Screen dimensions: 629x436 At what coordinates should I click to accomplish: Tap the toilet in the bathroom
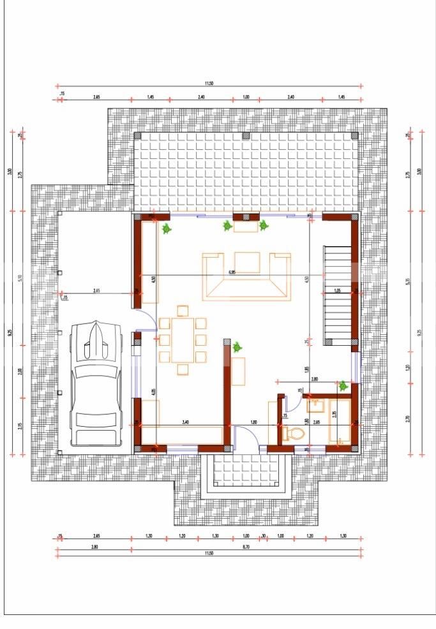[x=294, y=433]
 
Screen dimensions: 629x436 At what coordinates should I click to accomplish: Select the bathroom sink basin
[x=317, y=404]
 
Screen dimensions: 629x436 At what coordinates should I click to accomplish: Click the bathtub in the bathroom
[x=340, y=421]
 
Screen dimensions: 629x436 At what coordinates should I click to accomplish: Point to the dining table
[x=183, y=339]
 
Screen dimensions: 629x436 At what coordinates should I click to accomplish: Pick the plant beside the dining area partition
[x=237, y=347]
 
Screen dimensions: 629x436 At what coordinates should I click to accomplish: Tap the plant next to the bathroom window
[x=343, y=386]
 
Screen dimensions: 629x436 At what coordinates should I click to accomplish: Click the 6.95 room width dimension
[x=232, y=272]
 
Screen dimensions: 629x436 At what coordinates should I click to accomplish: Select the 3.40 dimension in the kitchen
[x=184, y=422]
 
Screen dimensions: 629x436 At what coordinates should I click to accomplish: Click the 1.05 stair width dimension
[x=338, y=291]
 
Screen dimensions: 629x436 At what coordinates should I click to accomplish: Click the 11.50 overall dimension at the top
[x=209, y=83]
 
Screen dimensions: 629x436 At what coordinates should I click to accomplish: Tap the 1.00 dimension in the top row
[x=246, y=97]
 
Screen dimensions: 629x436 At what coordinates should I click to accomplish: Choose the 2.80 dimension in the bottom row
[x=77, y=547]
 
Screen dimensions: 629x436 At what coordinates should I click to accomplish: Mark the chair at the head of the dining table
[x=183, y=311]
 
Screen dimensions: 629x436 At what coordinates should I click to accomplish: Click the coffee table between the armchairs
[x=247, y=262]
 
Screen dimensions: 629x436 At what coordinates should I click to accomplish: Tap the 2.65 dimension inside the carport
[x=96, y=291]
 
